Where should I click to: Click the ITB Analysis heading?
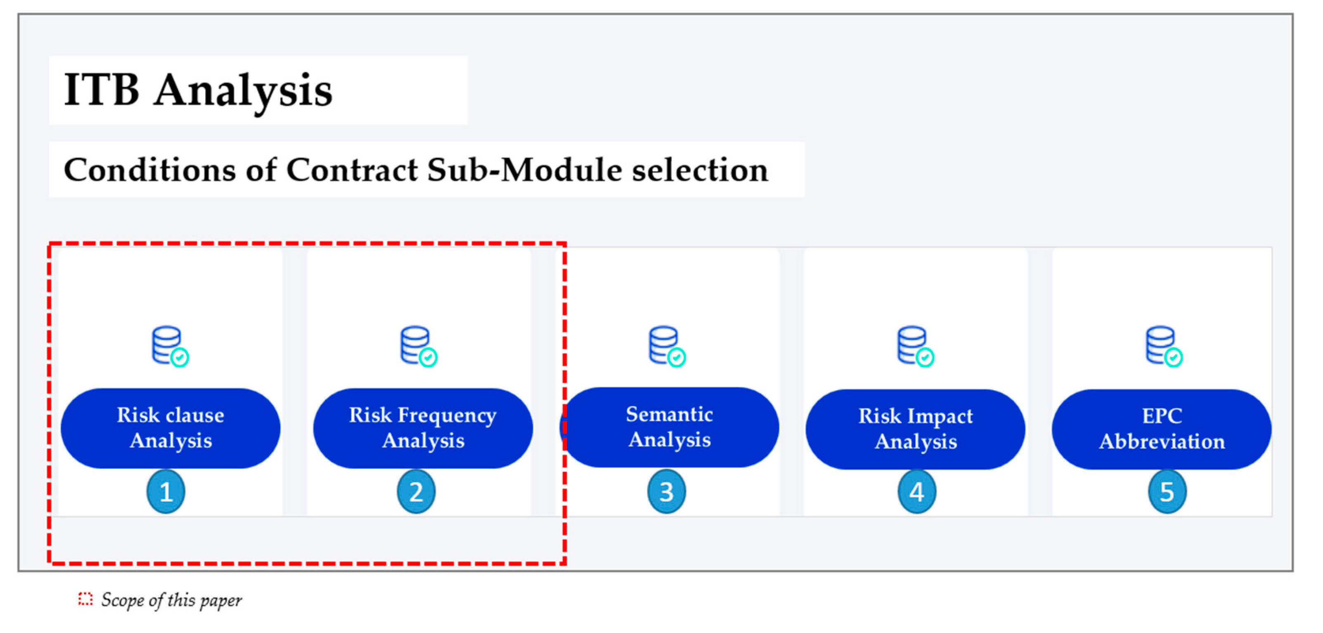pyautogui.click(x=198, y=90)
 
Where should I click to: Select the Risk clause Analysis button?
pyautogui.click(x=170, y=428)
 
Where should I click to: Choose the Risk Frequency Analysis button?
pyautogui.click(x=423, y=428)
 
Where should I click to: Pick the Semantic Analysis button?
pyautogui.click(x=670, y=427)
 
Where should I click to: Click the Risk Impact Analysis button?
pyautogui.click(x=915, y=429)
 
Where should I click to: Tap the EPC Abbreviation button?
pyautogui.click(x=1162, y=429)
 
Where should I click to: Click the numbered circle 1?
pyautogui.click(x=166, y=492)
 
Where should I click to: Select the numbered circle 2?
pyautogui.click(x=416, y=492)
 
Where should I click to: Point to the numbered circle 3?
pyautogui.click(x=666, y=492)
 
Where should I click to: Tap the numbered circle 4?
pyautogui.click(x=917, y=492)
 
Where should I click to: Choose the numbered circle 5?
pyautogui.click(x=1167, y=492)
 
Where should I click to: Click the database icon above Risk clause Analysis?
pyautogui.click(x=170, y=346)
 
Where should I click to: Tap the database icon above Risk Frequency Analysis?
pyautogui.click(x=419, y=346)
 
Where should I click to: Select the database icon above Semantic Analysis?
pyautogui.click(x=667, y=346)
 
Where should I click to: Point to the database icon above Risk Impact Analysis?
pyautogui.click(x=915, y=346)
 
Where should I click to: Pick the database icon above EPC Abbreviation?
pyautogui.click(x=1164, y=346)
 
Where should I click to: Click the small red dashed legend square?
pyautogui.click(x=85, y=599)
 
